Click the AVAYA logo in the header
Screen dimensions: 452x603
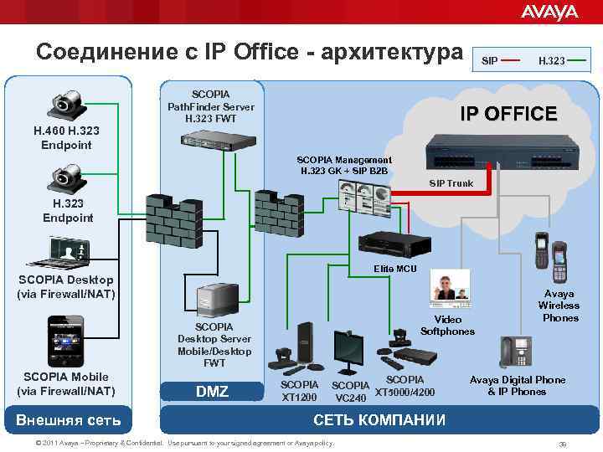(x=549, y=12)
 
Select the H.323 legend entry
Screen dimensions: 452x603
(x=550, y=60)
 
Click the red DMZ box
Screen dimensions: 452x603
(x=213, y=392)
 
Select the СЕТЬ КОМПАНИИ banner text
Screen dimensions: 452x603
(x=379, y=419)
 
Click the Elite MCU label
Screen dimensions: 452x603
(x=387, y=270)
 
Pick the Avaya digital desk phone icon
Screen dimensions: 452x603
(x=516, y=352)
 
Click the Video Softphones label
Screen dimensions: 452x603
(x=447, y=325)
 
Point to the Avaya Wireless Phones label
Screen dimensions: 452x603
(x=559, y=306)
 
